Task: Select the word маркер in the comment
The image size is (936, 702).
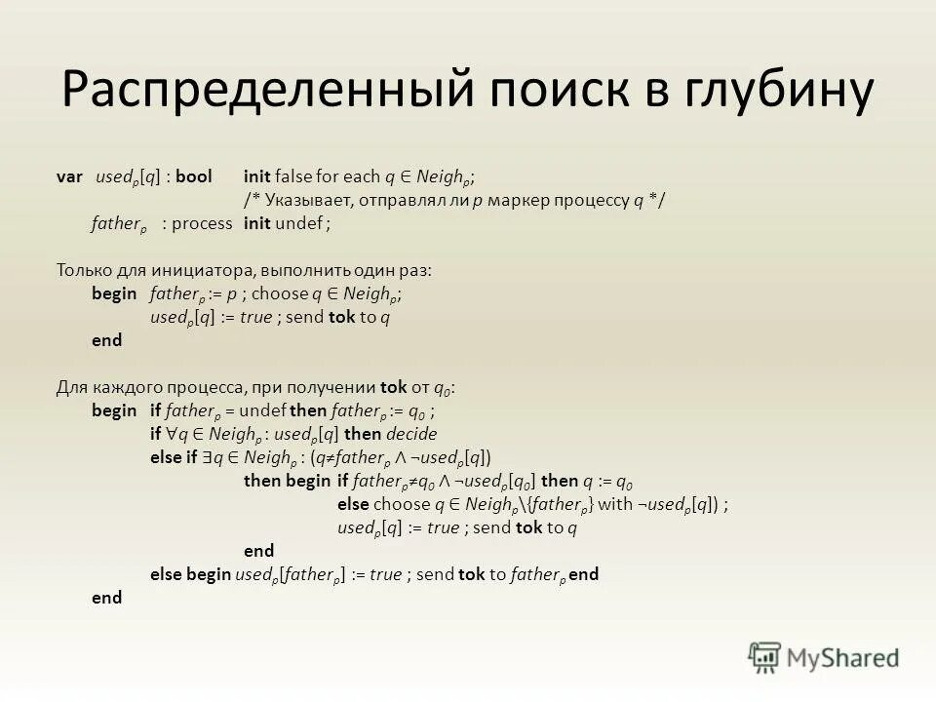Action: click(x=524, y=200)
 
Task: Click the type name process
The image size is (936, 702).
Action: click(x=202, y=223)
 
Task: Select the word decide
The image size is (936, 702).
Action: click(x=410, y=434)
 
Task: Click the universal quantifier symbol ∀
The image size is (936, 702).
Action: click(x=170, y=434)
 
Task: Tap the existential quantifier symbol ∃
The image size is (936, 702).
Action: click(x=206, y=457)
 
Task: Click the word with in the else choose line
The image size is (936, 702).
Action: click(x=614, y=504)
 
